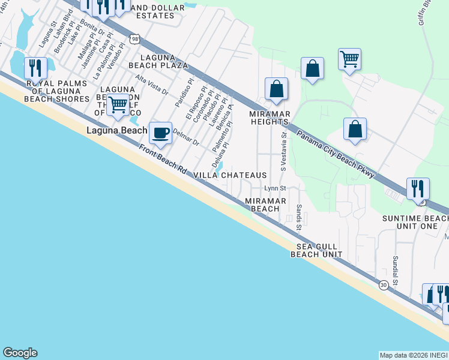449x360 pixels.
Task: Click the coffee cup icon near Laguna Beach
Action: (160, 133)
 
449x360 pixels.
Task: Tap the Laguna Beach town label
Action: (116, 130)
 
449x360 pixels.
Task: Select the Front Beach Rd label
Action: (162, 160)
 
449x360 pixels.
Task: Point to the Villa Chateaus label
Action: (230, 175)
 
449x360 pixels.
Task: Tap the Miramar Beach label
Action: (265, 205)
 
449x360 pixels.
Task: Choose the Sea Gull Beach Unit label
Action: (316, 250)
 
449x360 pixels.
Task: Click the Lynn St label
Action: (273, 188)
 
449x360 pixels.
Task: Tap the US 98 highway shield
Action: (134, 40)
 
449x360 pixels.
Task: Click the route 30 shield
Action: (384, 286)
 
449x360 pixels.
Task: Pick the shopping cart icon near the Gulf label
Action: (118, 104)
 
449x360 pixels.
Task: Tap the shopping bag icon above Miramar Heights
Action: (276, 89)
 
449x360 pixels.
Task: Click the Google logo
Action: (20, 353)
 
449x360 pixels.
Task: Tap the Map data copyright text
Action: (414, 355)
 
